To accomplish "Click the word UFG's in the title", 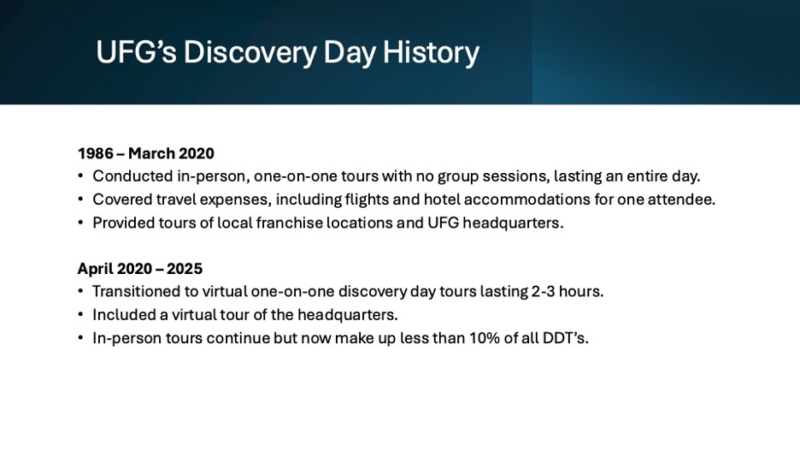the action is point(136,52).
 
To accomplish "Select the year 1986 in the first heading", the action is point(96,153).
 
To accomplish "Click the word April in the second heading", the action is point(95,269).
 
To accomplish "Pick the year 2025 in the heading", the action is point(185,269).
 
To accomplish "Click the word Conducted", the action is point(132,176).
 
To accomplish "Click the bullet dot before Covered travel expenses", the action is point(80,199).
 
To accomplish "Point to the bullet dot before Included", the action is point(80,314).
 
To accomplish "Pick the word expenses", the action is point(235,199).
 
